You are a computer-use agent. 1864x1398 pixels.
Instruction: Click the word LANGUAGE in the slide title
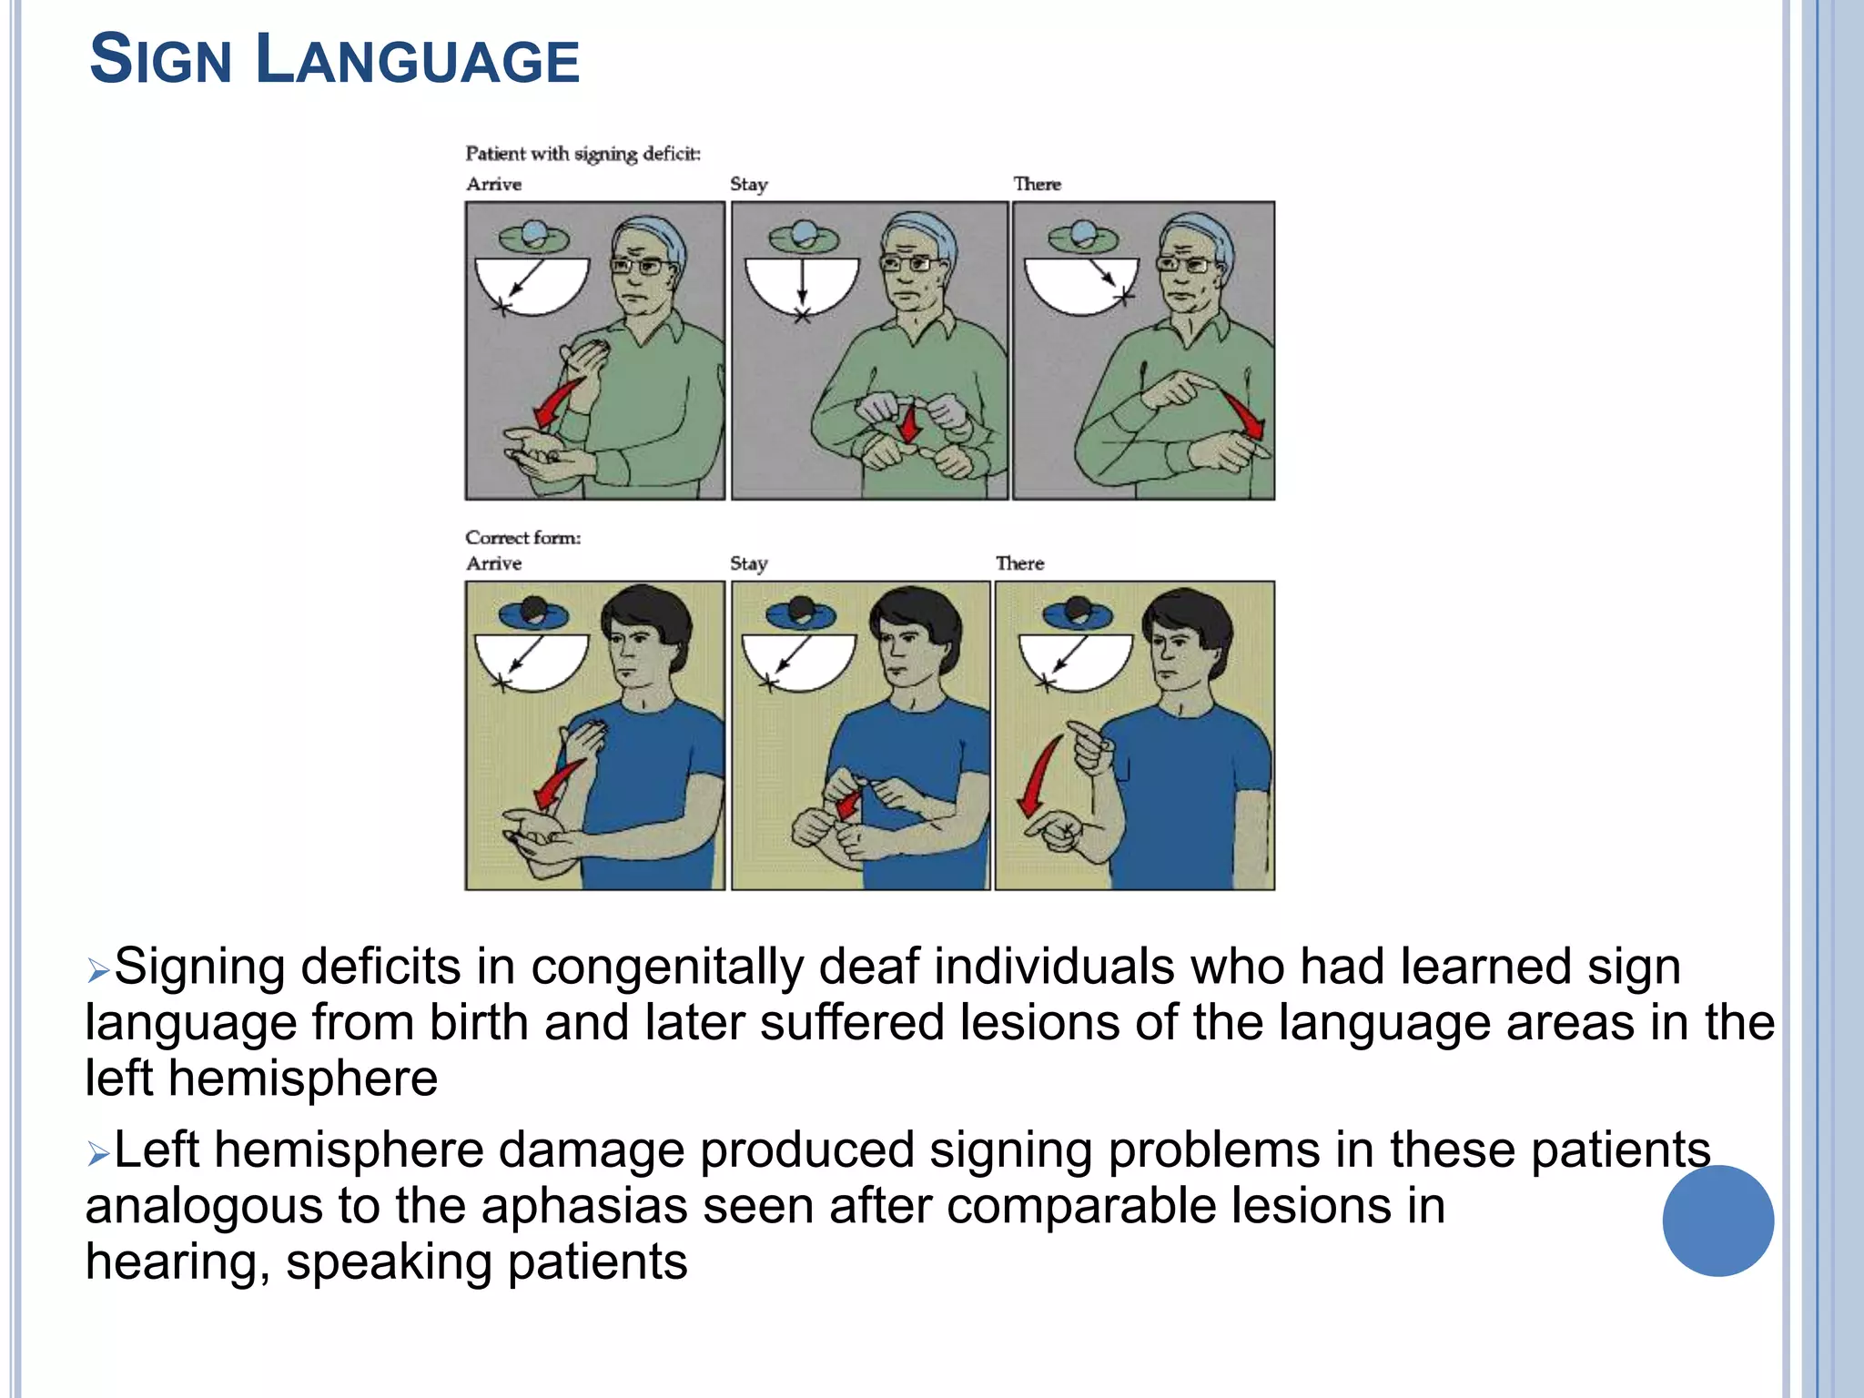[x=418, y=61]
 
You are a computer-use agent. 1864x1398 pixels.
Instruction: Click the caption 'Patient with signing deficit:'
[x=582, y=154]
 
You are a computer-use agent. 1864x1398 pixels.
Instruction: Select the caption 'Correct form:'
[x=522, y=538]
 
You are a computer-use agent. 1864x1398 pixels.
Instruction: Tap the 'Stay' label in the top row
[x=749, y=184]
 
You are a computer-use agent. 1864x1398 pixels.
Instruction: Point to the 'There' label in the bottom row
[x=1019, y=563]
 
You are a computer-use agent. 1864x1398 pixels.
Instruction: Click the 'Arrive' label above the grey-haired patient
[x=493, y=184]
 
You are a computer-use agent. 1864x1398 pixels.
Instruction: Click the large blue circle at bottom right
[x=1717, y=1221]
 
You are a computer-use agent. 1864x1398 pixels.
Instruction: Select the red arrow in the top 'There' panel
[x=1242, y=414]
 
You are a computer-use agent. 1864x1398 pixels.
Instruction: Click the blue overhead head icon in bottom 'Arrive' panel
[x=533, y=613]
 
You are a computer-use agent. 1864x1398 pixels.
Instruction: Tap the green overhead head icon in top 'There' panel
[x=1082, y=238]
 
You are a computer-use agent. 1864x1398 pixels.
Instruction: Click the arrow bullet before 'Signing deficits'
[x=97, y=970]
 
